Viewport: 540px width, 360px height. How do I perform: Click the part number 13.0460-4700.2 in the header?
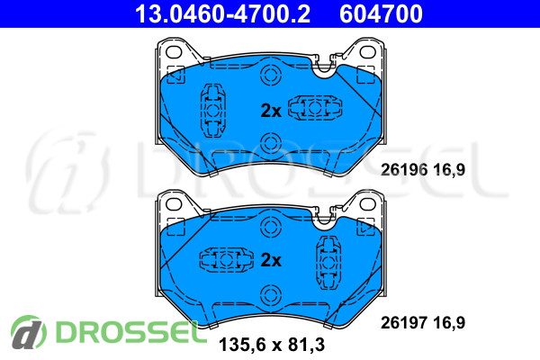(222, 13)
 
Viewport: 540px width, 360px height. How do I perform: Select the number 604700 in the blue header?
(381, 13)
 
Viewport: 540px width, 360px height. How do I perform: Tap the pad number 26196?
(404, 170)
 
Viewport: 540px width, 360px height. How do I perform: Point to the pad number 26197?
(404, 323)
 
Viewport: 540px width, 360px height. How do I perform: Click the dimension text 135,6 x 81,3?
(272, 345)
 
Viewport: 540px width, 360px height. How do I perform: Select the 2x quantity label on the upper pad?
(271, 111)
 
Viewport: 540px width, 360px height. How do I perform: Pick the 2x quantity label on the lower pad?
(271, 260)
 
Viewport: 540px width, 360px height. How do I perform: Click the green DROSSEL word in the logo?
(127, 332)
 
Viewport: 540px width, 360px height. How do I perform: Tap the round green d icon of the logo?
(29, 332)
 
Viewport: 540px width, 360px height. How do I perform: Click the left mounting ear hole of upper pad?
(174, 52)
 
